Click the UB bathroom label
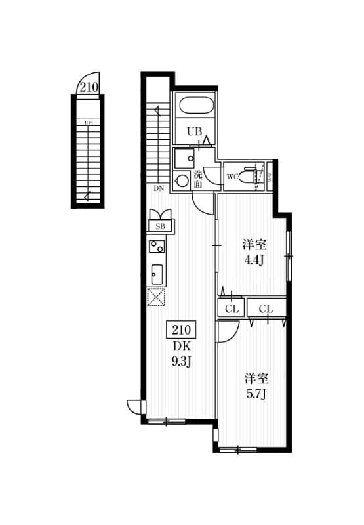(x=194, y=131)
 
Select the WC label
(x=232, y=177)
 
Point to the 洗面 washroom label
(x=198, y=179)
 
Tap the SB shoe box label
(x=161, y=226)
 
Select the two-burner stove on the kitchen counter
(x=157, y=247)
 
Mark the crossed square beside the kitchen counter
(x=157, y=297)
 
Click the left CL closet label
(x=232, y=308)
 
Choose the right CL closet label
(x=266, y=308)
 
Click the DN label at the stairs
(x=159, y=188)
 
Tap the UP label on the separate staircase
(x=87, y=122)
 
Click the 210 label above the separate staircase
(x=89, y=86)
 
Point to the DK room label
(x=182, y=345)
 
